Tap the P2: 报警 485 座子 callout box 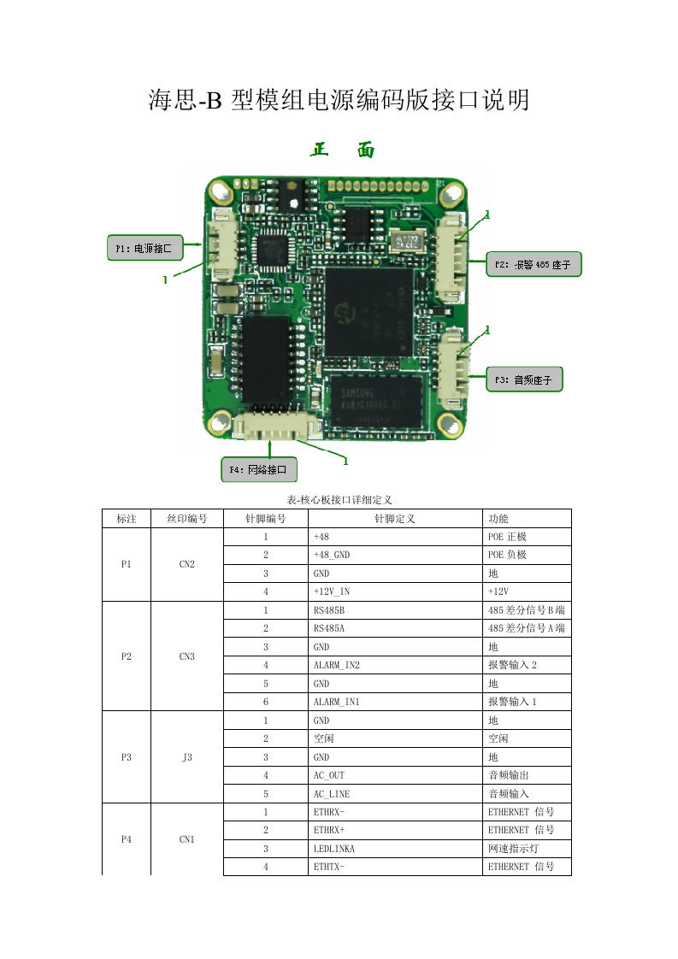[x=534, y=266]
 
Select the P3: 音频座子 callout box [x=524, y=379]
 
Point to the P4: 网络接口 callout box [x=259, y=469]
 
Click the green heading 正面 [x=342, y=150]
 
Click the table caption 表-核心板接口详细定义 [x=339, y=499]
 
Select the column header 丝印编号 [x=186, y=519]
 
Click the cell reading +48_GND [x=332, y=556]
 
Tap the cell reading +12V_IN [x=332, y=591]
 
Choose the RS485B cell [x=329, y=610]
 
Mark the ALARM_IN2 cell [x=337, y=665]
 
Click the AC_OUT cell [x=327, y=775]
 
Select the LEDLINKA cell [x=333, y=849]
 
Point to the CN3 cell [x=186, y=656]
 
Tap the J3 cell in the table [x=186, y=757]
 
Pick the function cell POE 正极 [x=507, y=537]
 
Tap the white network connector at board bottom [x=269, y=427]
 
